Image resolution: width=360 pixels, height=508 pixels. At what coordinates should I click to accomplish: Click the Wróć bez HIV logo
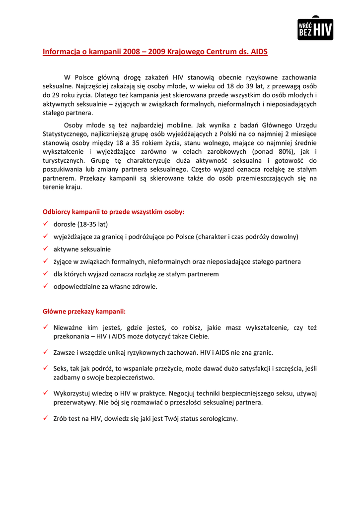click(x=315, y=29)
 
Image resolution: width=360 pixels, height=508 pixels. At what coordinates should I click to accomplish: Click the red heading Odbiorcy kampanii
click(x=113, y=212)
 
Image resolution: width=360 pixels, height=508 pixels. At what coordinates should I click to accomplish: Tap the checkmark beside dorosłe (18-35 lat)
click(x=45, y=224)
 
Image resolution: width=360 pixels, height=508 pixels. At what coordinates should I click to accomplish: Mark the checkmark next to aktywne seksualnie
click(x=45, y=249)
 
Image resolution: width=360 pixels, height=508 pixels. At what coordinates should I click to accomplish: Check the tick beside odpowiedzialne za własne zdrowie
click(x=45, y=286)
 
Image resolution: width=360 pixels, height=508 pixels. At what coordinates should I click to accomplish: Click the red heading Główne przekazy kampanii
click(x=84, y=312)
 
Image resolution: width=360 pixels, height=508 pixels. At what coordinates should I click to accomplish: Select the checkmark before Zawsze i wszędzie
click(x=45, y=353)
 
